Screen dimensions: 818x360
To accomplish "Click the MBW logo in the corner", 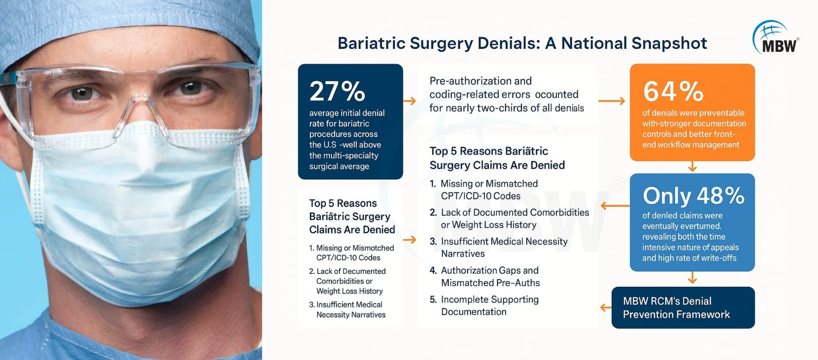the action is pos(776,37).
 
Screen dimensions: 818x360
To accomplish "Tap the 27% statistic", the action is pos(337,91).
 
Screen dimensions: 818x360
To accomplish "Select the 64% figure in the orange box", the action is pos(673,91).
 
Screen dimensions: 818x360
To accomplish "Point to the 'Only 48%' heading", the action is pos(693,196).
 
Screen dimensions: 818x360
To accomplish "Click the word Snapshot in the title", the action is pos(669,43).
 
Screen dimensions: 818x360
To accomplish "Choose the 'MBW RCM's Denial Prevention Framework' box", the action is pos(683,308).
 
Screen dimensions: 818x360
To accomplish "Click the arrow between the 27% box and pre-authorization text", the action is pos(410,101).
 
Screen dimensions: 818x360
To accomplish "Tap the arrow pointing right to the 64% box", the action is pos(612,101).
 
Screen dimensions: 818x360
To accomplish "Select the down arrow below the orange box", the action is pos(692,167).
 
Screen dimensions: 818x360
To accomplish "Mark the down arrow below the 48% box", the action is pos(692,278).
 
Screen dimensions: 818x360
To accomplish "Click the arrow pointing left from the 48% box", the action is pos(615,206).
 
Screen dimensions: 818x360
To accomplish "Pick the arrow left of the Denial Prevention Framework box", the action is pos(606,307).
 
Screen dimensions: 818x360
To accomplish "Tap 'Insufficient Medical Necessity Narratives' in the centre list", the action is pos(499,247).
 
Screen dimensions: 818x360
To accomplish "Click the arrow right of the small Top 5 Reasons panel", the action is pos(410,239).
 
